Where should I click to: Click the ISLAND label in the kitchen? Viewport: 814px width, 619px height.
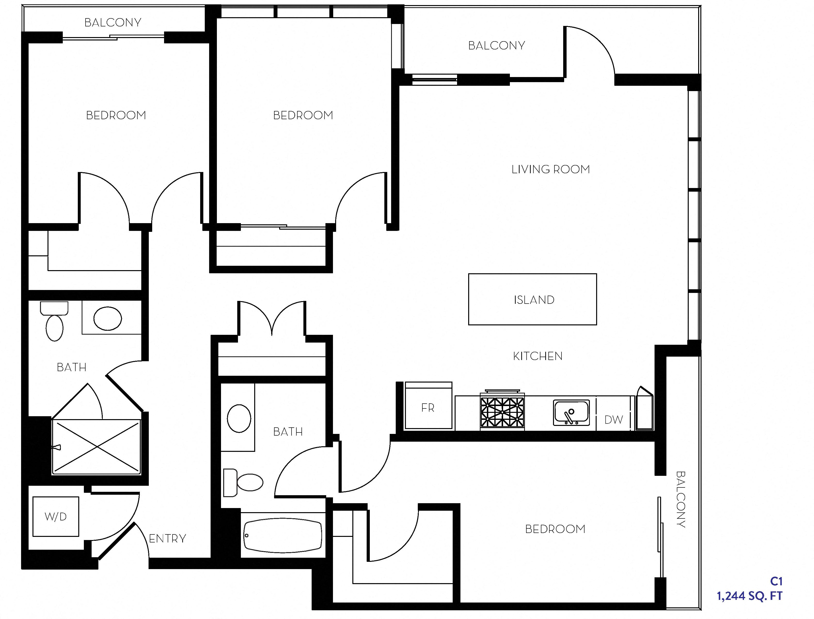534,300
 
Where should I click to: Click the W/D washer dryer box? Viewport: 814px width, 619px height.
56,517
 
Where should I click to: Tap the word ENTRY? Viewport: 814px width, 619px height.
167,539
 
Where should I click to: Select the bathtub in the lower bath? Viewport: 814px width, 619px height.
283,536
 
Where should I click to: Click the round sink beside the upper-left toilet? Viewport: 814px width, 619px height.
108,318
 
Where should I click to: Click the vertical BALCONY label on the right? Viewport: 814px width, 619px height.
681,499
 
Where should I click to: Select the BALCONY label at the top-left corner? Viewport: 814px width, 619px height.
113,23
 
